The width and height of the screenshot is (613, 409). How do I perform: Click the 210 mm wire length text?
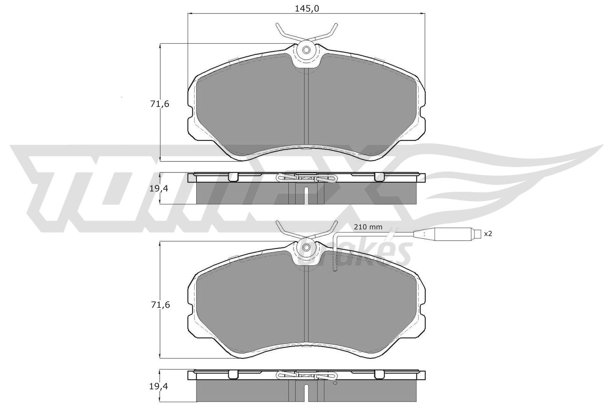click(x=368, y=227)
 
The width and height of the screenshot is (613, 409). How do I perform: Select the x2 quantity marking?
click(x=488, y=233)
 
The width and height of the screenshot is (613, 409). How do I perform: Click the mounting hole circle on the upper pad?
click(x=306, y=50)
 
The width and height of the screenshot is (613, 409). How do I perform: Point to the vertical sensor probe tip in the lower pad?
click(x=334, y=264)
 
